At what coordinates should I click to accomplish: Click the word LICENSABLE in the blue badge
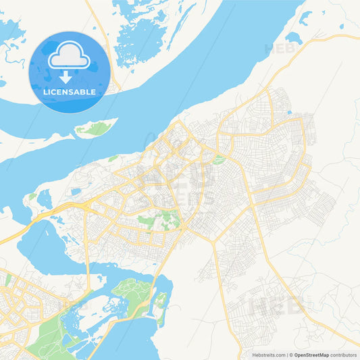(x=69, y=92)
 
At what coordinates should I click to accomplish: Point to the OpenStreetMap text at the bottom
(x=310, y=355)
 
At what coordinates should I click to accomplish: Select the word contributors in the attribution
(x=343, y=355)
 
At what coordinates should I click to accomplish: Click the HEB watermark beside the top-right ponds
(x=278, y=49)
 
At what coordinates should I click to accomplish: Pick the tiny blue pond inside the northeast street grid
(x=289, y=112)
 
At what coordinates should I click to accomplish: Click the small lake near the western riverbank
(x=44, y=199)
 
